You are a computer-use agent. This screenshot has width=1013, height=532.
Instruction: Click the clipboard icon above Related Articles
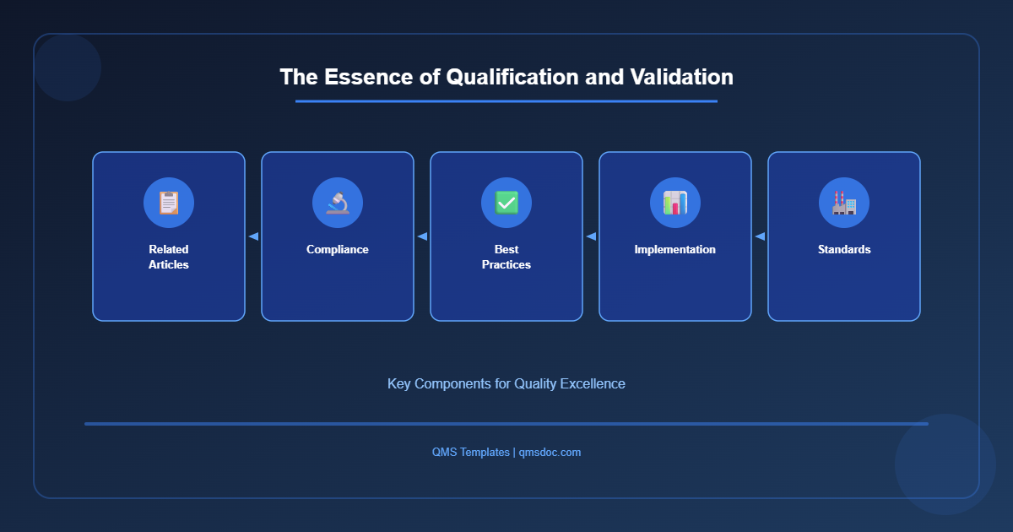(169, 203)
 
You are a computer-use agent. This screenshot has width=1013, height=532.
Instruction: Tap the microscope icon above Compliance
(338, 203)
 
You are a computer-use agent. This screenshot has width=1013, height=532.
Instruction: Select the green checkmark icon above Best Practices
(506, 203)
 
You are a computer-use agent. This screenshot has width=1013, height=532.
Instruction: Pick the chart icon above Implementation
(675, 203)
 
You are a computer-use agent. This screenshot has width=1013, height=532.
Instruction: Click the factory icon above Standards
(844, 203)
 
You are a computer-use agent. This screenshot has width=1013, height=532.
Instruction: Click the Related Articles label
(169, 257)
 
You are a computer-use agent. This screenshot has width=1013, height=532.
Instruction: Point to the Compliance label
(338, 249)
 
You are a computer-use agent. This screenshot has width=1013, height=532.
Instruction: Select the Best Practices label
(506, 257)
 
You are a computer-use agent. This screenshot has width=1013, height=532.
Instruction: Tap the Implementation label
(675, 249)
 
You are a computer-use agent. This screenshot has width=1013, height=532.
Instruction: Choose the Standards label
(844, 249)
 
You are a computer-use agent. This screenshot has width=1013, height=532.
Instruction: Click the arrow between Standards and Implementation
(760, 236)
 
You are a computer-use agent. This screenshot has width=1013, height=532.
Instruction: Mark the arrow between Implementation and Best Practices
(591, 236)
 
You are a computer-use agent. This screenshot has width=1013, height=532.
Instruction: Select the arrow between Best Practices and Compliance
(422, 236)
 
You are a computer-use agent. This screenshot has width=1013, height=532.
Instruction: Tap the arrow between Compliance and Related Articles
(253, 236)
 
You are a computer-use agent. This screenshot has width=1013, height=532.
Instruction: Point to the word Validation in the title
(681, 77)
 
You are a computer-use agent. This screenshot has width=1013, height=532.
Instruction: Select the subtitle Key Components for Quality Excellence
(506, 383)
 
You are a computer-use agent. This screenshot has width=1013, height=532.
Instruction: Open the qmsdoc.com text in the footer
(550, 452)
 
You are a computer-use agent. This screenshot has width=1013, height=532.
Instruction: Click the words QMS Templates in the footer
(470, 452)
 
